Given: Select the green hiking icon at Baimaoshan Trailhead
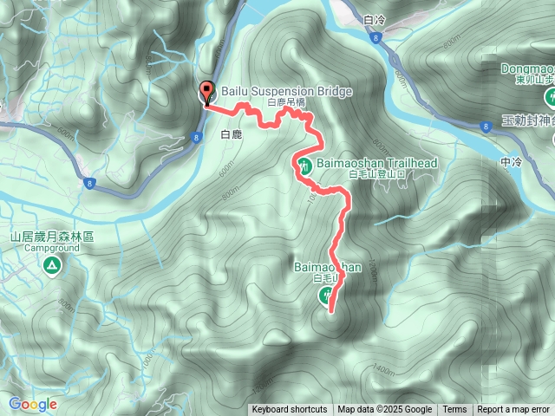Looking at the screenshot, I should pyautogui.click(x=304, y=166).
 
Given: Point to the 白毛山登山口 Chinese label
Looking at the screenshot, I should pyautogui.click(x=349, y=174).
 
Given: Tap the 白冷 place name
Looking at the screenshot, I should pyautogui.click(x=375, y=18).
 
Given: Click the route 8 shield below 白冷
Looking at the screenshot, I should pyautogui.click(x=375, y=38).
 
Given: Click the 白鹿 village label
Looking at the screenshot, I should pyautogui.click(x=231, y=135).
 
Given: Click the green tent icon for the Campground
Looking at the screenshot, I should pyautogui.click(x=52, y=264).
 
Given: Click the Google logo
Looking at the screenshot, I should pyautogui.click(x=32, y=404).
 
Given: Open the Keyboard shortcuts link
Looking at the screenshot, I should pyautogui.click(x=290, y=410).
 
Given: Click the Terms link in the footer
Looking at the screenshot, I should pyautogui.click(x=454, y=410).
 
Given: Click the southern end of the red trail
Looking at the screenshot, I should pyautogui.click(x=330, y=309).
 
